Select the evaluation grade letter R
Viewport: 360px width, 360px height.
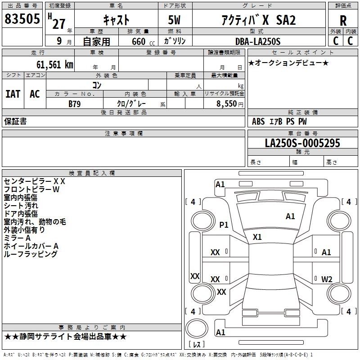point(343,20)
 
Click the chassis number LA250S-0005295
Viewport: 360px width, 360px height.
point(302,143)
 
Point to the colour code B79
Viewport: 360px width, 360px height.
point(75,103)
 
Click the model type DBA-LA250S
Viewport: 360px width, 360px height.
point(257,41)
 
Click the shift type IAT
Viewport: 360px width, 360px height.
point(13,94)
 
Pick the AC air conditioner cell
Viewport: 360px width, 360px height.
point(35,94)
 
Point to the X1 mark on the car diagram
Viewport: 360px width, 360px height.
point(257,237)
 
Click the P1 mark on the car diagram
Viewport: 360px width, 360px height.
point(224,225)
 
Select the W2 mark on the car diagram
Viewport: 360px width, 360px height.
point(327,279)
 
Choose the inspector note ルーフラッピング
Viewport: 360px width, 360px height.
point(31,254)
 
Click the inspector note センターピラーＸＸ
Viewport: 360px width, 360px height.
point(35,181)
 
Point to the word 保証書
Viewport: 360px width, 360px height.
point(15,121)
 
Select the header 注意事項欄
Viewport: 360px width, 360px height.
point(124,134)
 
